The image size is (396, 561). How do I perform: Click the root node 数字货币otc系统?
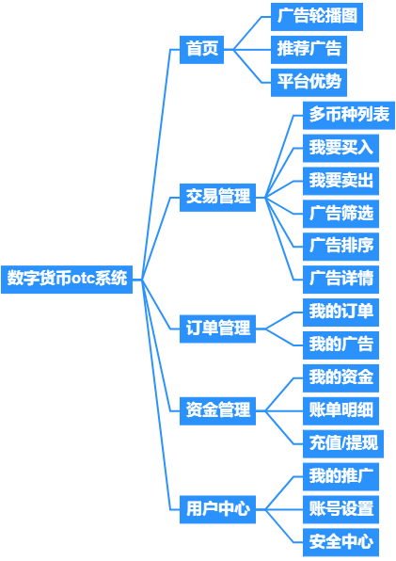pyautogui.click(x=67, y=280)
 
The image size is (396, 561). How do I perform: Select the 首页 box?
pyautogui.click(x=201, y=50)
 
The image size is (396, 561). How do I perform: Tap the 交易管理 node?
pyautogui.click(x=217, y=198)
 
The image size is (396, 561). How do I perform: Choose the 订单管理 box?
pyautogui.click(x=217, y=329)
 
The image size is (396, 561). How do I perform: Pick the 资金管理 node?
pyautogui.click(x=217, y=411)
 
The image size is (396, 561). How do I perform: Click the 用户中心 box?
pyautogui.click(x=217, y=509)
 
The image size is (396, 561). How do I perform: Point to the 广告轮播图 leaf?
pyautogui.click(x=317, y=17)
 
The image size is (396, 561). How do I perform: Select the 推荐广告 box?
pyautogui.click(x=309, y=50)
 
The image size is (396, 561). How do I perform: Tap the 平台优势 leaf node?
pyautogui.click(x=309, y=83)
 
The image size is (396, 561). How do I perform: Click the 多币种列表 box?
pyautogui.click(x=349, y=115)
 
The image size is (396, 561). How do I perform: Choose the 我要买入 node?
pyautogui.click(x=341, y=148)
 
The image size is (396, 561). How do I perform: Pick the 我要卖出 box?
pyautogui.click(x=341, y=181)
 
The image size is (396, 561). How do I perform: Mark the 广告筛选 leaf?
pyautogui.click(x=341, y=214)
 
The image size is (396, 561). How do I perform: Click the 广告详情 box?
pyautogui.click(x=341, y=280)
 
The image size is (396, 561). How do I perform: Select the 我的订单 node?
pyautogui.click(x=341, y=313)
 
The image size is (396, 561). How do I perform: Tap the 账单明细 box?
pyautogui.click(x=341, y=411)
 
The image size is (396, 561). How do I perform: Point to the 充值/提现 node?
pyautogui.click(x=343, y=444)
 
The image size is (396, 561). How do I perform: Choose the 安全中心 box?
pyautogui.click(x=341, y=542)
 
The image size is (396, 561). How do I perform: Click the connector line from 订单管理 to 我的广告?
pyautogui.click(x=280, y=337)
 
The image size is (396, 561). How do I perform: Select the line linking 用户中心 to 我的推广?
pyautogui.click(x=280, y=493)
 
